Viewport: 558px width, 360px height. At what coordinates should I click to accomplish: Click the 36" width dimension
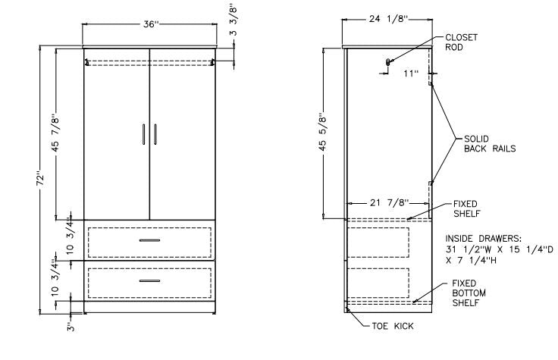pos(150,25)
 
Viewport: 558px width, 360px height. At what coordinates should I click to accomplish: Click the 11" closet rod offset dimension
pos(411,74)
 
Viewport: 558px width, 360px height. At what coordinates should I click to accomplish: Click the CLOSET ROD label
pos(460,42)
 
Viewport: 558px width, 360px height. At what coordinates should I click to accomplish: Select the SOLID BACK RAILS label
pos(490,144)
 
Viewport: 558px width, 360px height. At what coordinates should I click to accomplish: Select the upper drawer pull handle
pos(149,240)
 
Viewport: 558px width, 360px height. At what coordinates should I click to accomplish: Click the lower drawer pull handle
pos(149,280)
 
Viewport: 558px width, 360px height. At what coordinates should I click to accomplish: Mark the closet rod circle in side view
pos(388,61)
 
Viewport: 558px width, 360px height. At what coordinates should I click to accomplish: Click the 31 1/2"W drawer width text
pos(467,249)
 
